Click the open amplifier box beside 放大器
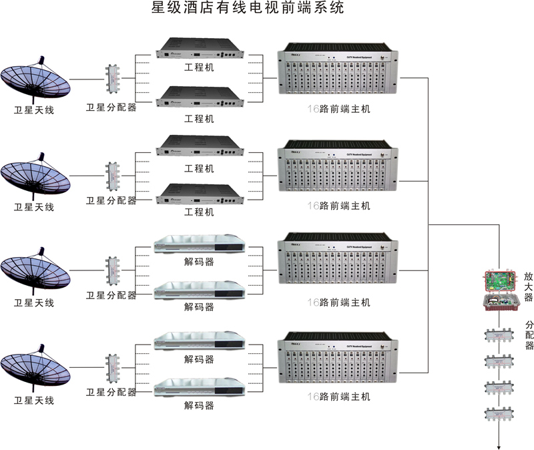pyautogui.click(x=500, y=290)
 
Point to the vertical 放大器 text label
pyautogui.click(x=528, y=286)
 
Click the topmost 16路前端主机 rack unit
pyautogui.click(x=336, y=75)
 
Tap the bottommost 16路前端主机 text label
pyautogui.click(x=338, y=397)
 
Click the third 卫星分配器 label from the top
pyautogui.click(x=111, y=295)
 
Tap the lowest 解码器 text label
pyautogui.click(x=199, y=405)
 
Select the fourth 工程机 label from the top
pyautogui.click(x=199, y=212)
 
